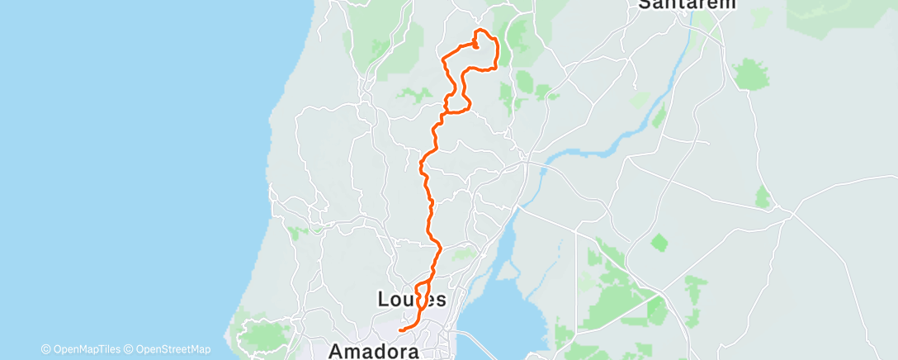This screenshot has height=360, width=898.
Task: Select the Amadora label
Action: click(x=374, y=350)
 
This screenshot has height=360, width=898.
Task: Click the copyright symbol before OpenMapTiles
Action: click(x=45, y=349)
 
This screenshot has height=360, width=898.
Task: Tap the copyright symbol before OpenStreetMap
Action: click(x=128, y=349)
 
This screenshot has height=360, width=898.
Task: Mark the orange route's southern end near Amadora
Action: click(x=399, y=330)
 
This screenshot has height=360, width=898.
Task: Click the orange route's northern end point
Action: click(x=476, y=46)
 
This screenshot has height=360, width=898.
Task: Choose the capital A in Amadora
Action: click(x=337, y=350)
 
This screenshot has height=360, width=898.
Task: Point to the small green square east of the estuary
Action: click(x=659, y=243)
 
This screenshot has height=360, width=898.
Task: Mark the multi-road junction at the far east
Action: click(x=793, y=214)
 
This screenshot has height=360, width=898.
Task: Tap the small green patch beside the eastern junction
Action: click(x=763, y=197)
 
